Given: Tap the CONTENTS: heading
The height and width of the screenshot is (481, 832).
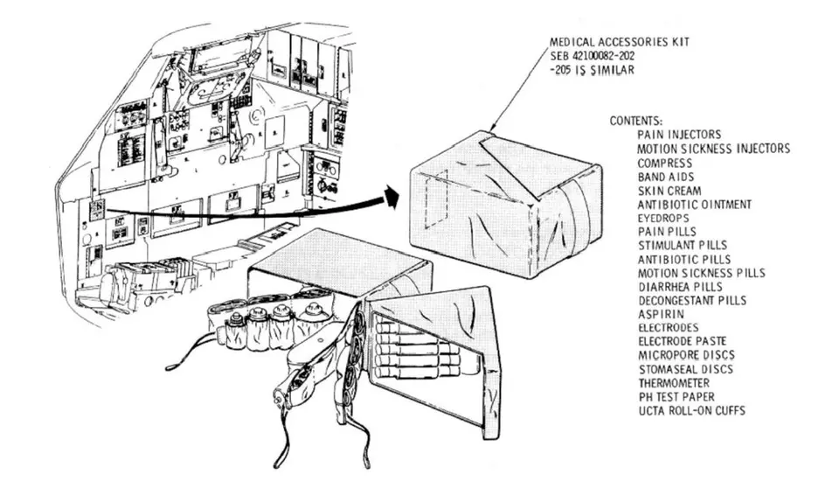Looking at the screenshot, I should pos(636,121).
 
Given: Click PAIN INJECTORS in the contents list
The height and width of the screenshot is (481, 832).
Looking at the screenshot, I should pos(679,135).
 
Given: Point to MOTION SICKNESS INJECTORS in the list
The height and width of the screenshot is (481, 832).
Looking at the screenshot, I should pos(713,149).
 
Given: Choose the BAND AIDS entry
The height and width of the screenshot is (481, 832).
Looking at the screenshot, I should pos(665,177).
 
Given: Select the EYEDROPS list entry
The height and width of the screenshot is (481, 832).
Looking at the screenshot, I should pos(662,218).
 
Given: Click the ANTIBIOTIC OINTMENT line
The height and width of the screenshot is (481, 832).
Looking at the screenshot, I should pos(694,204).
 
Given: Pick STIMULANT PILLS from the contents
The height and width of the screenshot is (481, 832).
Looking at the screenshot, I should pos(683,246).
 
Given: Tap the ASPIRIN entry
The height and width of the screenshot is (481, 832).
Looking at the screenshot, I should pos(661,313).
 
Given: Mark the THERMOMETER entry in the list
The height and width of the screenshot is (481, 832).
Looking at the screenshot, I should pos(673,382).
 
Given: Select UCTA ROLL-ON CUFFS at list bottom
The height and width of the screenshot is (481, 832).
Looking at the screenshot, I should pos(690,410).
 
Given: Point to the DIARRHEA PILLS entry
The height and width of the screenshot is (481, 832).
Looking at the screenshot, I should pos(681,286).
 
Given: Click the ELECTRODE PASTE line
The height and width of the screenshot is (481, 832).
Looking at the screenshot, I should pos(681,341).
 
